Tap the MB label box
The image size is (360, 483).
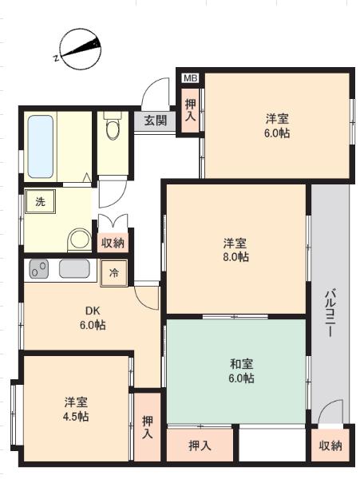190,77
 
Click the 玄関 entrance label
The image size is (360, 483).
156,121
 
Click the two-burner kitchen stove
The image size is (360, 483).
39,270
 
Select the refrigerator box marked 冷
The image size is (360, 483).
113,271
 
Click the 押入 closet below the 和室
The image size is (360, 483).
200,445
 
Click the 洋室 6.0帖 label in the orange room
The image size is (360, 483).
277,125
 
